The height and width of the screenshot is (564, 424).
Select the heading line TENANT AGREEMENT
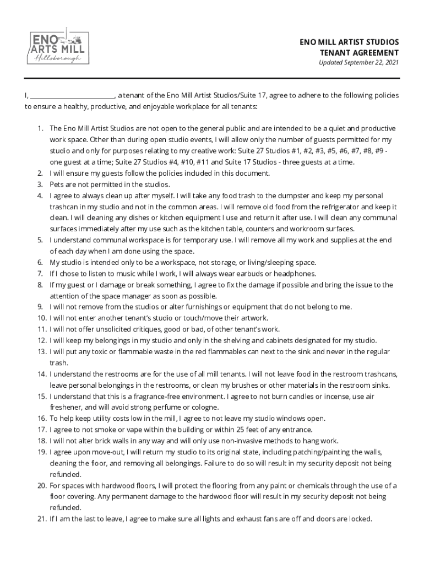click(x=359, y=52)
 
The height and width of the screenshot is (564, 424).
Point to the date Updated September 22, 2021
click(x=358, y=63)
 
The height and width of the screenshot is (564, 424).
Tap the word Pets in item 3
click(x=57, y=185)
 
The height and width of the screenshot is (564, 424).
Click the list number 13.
click(x=42, y=351)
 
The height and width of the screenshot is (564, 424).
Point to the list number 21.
click(x=42, y=518)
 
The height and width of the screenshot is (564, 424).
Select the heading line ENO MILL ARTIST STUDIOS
click(x=350, y=42)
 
